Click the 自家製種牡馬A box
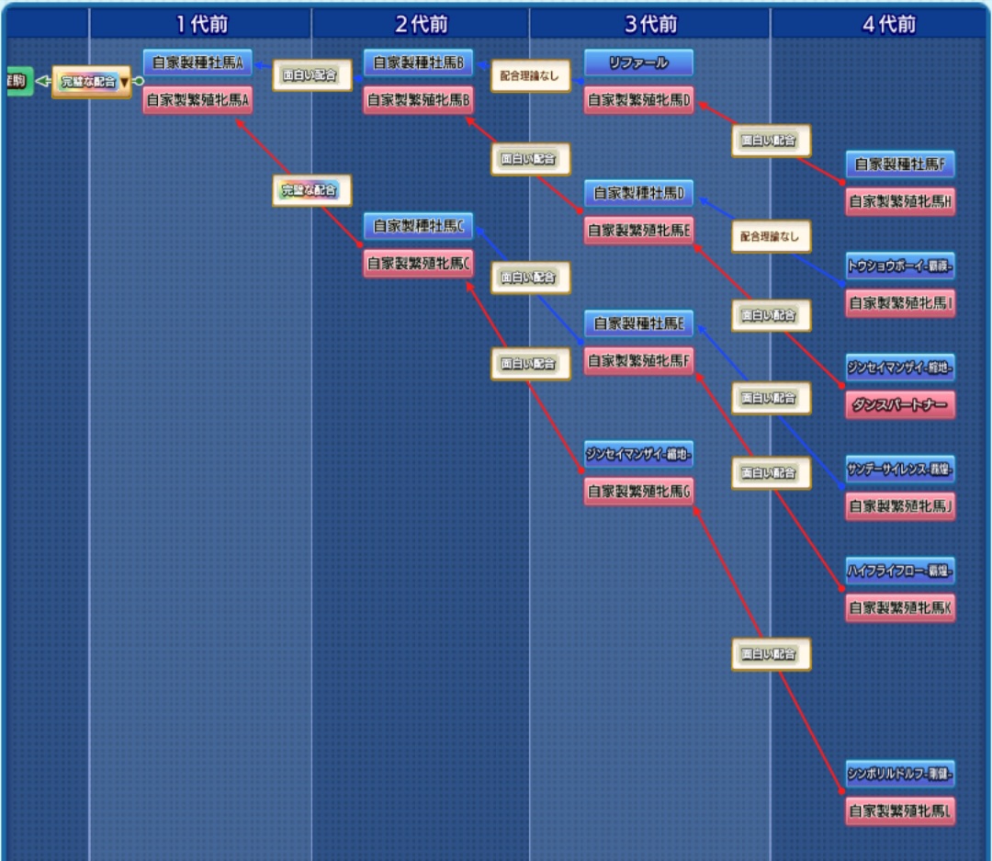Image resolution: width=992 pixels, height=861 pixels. pyautogui.click(x=197, y=63)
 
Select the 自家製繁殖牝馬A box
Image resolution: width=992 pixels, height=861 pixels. pyautogui.click(x=197, y=100)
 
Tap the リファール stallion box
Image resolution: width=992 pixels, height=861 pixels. pyautogui.click(x=638, y=63)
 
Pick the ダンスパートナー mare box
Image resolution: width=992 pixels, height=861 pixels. pyautogui.click(x=900, y=405)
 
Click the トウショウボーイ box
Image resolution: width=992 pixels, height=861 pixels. pyautogui.click(x=900, y=266)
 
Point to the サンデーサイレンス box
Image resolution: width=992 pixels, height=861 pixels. pyautogui.click(x=900, y=469)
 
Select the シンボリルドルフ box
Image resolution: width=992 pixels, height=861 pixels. pyautogui.click(x=900, y=775)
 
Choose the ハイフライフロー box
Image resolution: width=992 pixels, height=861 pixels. pyautogui.click(x=900, y=571)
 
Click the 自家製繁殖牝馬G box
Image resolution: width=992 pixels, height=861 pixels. pyautogui.click(x=638, y=492)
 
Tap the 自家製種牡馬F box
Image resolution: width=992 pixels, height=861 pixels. pyautogui.click(x=900, y=165)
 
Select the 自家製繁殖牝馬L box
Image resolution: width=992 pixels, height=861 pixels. pyautogui.click(x=900, y=811)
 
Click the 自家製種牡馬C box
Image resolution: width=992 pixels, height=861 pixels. pyautogui.click(x=418, y=226)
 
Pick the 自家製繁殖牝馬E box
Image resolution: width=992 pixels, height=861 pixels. pyautogui.click(x=638, y=231)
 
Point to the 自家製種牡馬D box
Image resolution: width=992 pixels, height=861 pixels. pyautogui.click(x=638, y=194)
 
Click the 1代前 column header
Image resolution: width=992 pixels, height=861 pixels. pyautogui.click(x=200, y=24)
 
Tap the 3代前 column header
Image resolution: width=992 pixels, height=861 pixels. pyautogui.click(x=649, y=24)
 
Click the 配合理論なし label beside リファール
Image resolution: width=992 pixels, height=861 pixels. pyautogui.click(x=529, y=76)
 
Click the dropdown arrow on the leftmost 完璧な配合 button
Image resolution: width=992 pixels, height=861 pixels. pyautogui.click(x=125, y=82)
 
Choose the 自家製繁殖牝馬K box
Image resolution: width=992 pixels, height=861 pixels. pyautogui.click(x=900, y=607)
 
